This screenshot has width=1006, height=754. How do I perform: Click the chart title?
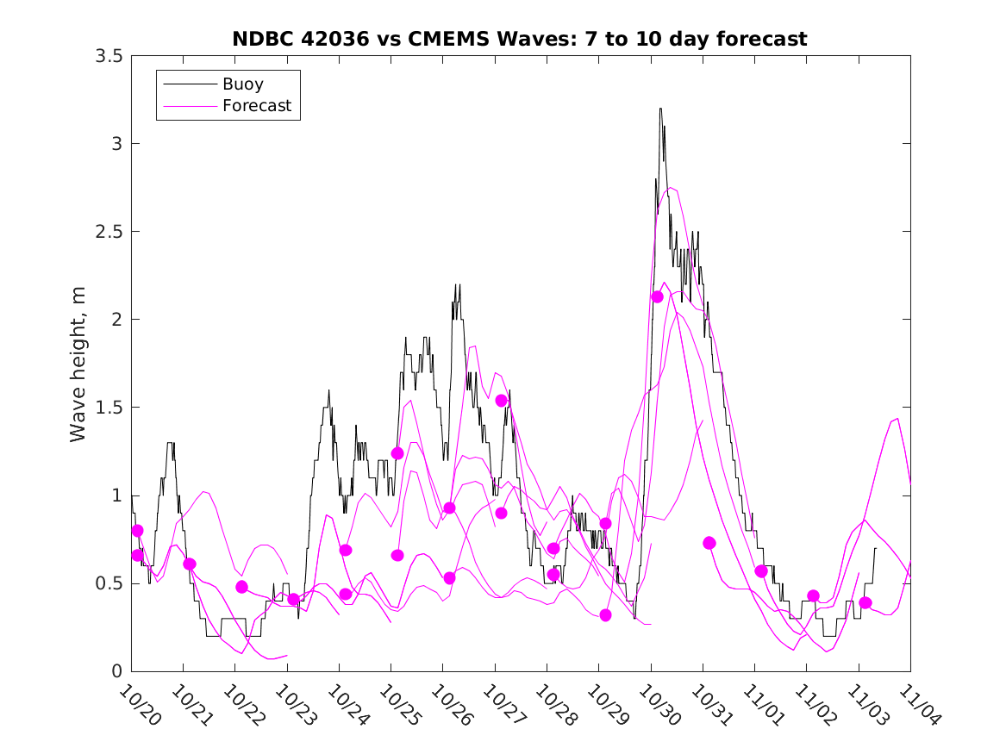coord(520,39)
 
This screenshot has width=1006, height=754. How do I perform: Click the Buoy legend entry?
coord(243,84)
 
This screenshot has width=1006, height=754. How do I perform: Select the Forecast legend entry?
coord(256,107)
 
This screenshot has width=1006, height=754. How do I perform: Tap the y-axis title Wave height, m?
coord(78,363)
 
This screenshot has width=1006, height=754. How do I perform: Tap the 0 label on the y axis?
coord(115,670)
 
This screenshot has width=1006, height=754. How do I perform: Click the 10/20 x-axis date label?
coord(137,705)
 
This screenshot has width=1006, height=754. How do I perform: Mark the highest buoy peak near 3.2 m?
coord(660,109)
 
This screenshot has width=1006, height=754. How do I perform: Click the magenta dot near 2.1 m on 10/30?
coord(657,296)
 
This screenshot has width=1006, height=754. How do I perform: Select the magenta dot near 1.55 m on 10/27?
coord(501,400)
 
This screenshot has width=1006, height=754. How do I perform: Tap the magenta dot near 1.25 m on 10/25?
coord(397,453)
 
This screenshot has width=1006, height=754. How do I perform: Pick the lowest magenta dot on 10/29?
coord(605,615)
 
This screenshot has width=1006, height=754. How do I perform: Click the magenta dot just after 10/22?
coord(241,587)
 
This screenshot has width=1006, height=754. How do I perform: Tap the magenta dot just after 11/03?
coord(865,602)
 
